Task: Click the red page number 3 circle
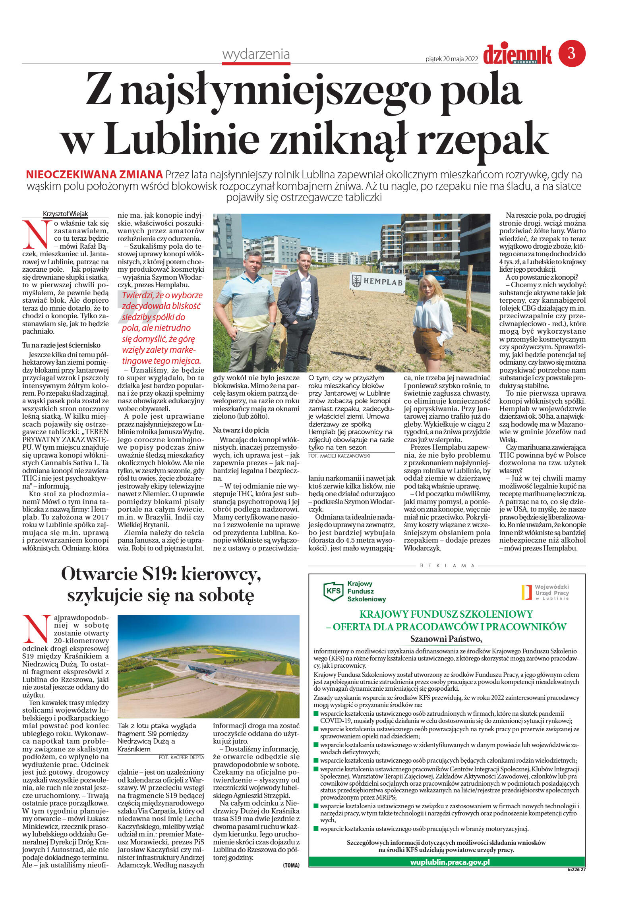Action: (x=572, y=53)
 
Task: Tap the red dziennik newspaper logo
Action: (x=517, y=54)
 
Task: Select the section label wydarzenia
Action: (x=256, y=54)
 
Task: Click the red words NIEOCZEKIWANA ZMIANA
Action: (x=94, y=174)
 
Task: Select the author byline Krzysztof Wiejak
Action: (x=65, y=214)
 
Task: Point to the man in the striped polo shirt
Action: (x=246, y=310)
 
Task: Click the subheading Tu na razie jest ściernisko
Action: (x=61, y=345)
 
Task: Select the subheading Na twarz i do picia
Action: (x=241, y=430)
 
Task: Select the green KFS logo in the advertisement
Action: (x=333, y=590)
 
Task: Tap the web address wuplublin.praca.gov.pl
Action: (x=450, y=862)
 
